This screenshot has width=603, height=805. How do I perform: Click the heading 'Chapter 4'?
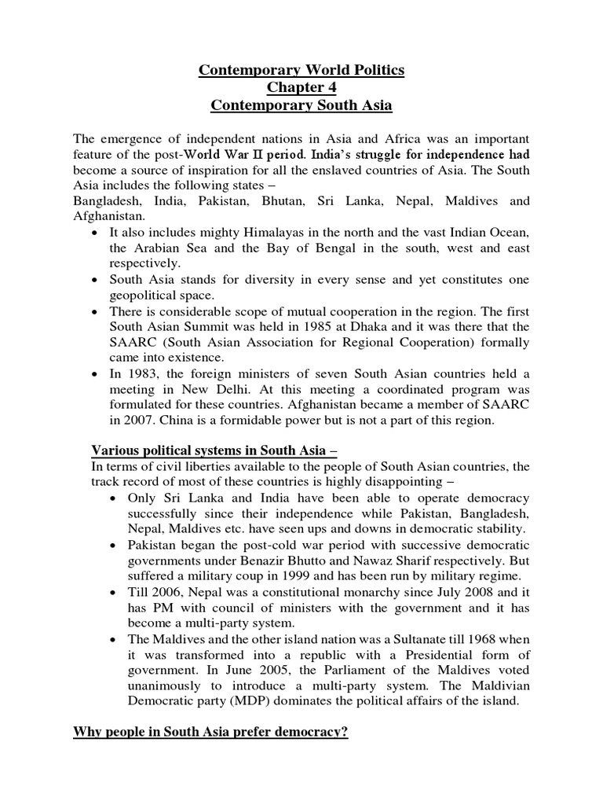[301, 87]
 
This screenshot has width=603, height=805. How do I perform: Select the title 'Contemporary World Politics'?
[301, 70]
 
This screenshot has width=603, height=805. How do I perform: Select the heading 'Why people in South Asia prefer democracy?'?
[211, 732]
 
